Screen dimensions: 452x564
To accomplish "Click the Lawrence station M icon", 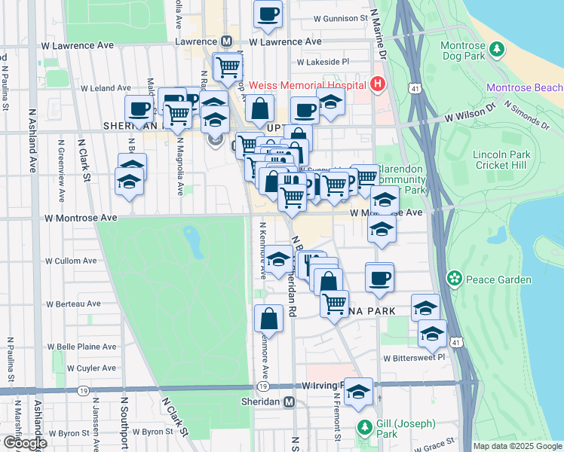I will pos(225,42).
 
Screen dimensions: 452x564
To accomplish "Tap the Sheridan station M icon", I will pos(289,402).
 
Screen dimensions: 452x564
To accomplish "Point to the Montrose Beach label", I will pos(523,88).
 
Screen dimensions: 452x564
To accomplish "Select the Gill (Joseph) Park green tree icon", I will pos(364,427).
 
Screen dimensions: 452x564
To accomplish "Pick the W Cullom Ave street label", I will pos(71,261).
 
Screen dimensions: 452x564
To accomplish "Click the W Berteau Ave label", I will pos(73,304).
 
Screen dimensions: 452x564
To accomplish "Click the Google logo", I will pos(25,443).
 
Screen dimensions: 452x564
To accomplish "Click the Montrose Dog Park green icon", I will pos(496,50).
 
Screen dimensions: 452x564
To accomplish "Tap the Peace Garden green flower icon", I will pos(454,279).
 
